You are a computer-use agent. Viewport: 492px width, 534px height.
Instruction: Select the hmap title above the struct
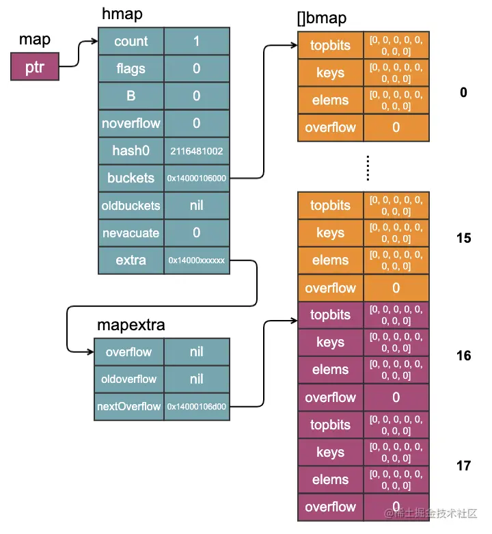(x=122, y=14)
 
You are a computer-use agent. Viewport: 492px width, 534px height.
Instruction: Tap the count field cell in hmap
(x=131, y=41)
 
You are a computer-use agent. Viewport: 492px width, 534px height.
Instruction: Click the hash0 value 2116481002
(x=197, y=150)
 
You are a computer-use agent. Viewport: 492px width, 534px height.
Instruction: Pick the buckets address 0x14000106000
(x=197, y=178)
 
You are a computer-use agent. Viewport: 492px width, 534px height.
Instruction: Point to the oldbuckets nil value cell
(x=197, y=205)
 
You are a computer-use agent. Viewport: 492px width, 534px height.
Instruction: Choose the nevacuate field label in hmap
(x=131, y=233)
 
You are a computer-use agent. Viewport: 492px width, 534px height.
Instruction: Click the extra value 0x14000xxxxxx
(x=197, y=261)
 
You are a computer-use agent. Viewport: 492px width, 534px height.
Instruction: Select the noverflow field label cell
(x=131, y=123)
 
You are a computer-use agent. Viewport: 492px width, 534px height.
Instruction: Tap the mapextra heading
(x=130, y=325)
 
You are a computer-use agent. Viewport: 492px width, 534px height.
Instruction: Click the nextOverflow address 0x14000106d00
(x=197, y=407)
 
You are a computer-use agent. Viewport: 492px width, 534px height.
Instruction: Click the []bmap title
(x=321, y=18)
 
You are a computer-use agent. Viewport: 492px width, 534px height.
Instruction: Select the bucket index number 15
(x=463, y=239)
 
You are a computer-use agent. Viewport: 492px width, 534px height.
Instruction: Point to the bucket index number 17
(x=463, y=466)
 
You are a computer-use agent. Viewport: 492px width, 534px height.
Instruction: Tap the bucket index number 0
(x=463, y=92)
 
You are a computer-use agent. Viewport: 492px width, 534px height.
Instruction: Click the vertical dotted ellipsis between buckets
(x=367, y=168)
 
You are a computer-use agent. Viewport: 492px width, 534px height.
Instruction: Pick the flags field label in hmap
(x=131, y=68)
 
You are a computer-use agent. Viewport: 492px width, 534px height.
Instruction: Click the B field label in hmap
(x=131, y=96)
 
